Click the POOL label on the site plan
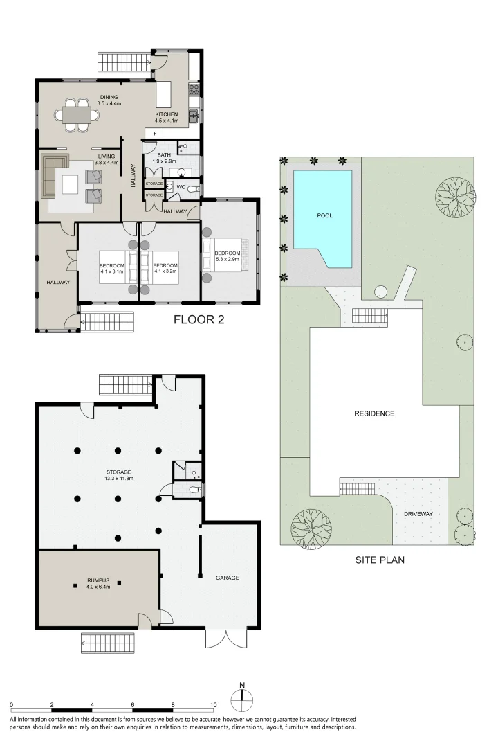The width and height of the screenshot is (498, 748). [324, 215]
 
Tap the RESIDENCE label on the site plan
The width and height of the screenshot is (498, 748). [374, 413]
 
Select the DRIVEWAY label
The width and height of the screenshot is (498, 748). [418, 514]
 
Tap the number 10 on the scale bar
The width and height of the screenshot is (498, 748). [213, 704]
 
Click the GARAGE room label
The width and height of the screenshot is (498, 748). [227, 577]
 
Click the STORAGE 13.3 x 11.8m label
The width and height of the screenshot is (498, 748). [119, 475]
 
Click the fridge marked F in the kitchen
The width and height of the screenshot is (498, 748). [155, 132]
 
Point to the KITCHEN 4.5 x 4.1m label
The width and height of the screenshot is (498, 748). [167, 118]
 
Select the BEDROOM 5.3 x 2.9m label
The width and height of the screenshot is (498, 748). [227, 257]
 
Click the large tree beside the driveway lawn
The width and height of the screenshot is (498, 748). [305, 524]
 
